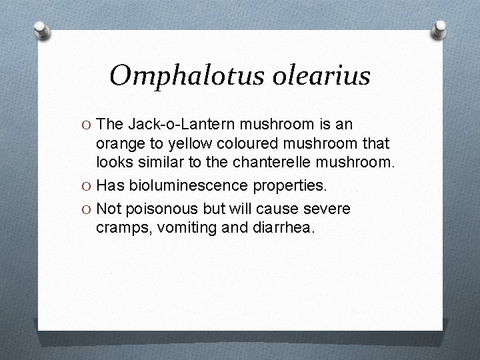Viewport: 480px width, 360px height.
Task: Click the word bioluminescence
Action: point(188,185)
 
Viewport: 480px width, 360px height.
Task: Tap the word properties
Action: point(293,185)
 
